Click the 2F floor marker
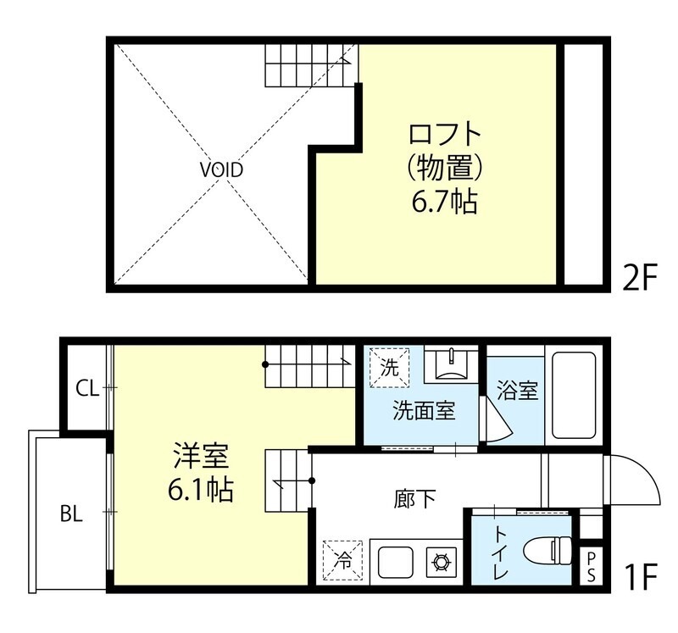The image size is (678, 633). click(641, 277)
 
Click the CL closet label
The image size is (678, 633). click(87, 389)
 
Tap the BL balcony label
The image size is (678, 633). click(71, 514)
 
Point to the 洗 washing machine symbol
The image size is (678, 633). click(388, 367)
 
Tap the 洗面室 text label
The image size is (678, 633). click(424, 412)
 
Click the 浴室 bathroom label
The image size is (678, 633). click(517, 391)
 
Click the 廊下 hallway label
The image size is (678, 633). click(415, 497)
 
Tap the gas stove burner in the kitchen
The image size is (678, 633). click(442, 561)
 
